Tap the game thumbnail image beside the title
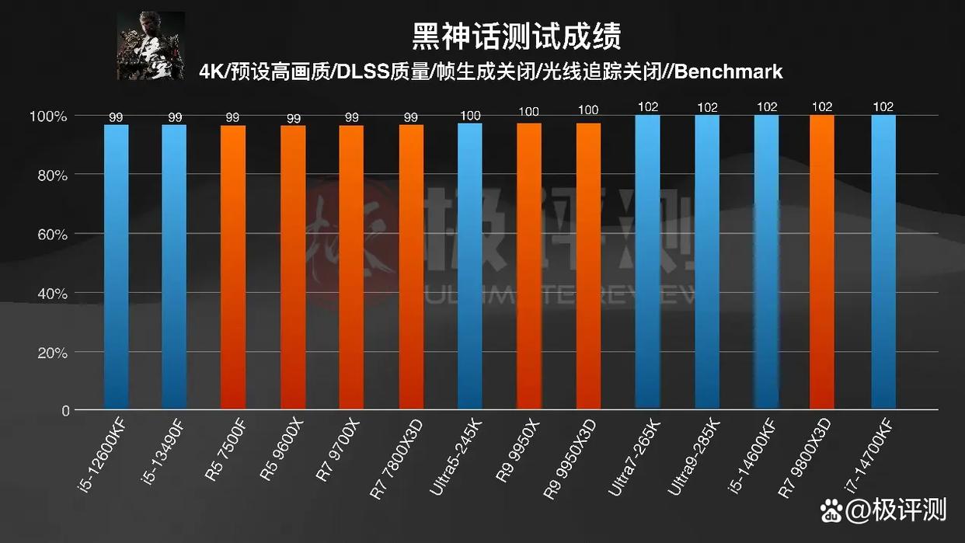151,46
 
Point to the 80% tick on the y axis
49,176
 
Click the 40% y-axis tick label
49,294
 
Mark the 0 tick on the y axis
66,411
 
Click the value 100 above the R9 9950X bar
529,111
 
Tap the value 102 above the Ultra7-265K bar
647,107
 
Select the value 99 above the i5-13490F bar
175,117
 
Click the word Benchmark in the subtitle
729,72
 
